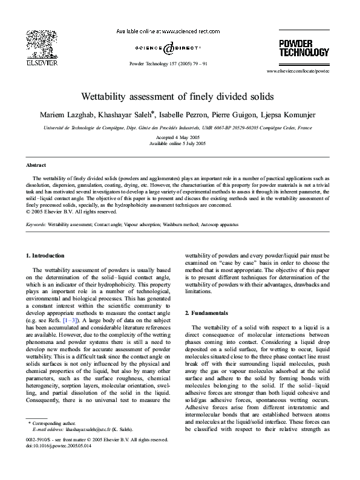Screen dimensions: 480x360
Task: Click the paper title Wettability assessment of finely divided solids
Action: coord(179,97)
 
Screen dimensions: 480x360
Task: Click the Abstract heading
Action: coord(37,165)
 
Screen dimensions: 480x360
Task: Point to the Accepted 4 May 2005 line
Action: coord(179,138)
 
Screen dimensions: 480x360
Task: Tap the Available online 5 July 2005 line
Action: coord(179,144)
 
